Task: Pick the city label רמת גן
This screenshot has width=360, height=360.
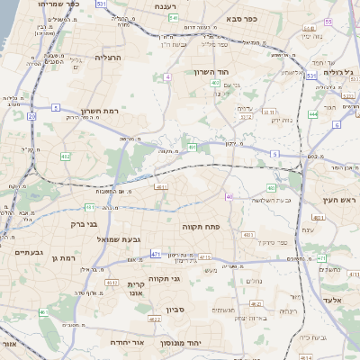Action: [x=63, y=258]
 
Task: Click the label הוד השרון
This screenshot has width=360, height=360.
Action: [x=213, y=71]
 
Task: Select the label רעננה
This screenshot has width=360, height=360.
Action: [x=165, y=6]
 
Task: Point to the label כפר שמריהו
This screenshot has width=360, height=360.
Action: [x=60, y=4]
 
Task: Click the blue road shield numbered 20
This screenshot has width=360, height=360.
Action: [x=31, y=116]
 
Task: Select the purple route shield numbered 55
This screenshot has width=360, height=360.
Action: [x=328, y=21]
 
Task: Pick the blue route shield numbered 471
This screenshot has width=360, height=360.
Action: [x=156, y=256]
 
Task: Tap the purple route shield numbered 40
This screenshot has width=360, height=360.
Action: [x=229, y=196]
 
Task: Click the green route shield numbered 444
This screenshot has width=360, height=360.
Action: [x=312, y=114]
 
